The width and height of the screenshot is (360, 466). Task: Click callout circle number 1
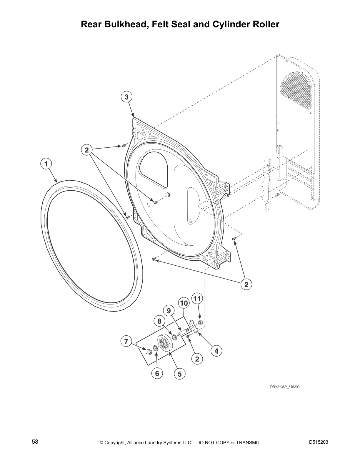pyautogui.click(x=46, y=164)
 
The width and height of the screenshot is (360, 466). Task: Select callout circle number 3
pyautogui.click(x=126, y=97)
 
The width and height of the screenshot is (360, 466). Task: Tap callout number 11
pyautogui.click(x=197, y=299)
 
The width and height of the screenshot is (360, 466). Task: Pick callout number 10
pyautogui.click(x=184, y=303)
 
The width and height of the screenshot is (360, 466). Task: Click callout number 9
pyautogui.click(x=169, y=311)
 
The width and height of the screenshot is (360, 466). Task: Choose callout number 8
pyautogui.click(x=159, y=321)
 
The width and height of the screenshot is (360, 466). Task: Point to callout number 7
pyautogui.click(x=126, y=342)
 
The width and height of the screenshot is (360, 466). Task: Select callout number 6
pyautogui.click(x=157, y=373)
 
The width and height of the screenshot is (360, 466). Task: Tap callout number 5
pyautogui.click(x=180, y=374)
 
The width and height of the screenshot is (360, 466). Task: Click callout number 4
pyautogui.click(x=216, y=351)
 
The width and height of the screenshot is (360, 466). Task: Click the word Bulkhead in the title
pyautogui.click(x=124, y=24)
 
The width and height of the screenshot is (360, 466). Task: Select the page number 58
pyautogui.click(x=35, y=442)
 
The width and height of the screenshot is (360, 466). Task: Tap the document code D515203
pyautogui.click(x=319, y=442)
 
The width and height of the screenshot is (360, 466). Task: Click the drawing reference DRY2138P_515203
pyautogui.click(x=285, y=387)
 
